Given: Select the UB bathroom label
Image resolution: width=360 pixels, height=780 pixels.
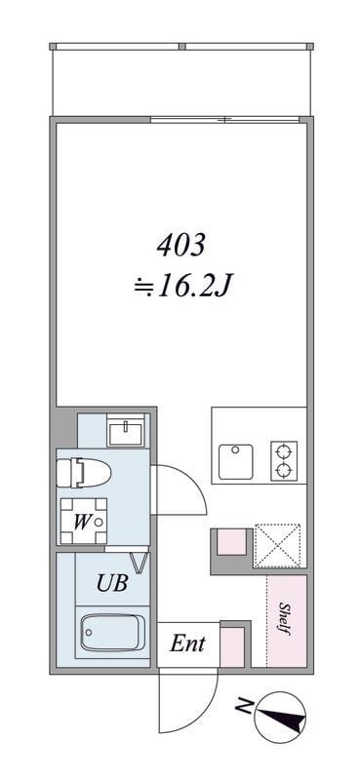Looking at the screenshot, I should [x=111, y=584].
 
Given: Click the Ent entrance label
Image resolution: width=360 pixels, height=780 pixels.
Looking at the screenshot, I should [x=186, y=643].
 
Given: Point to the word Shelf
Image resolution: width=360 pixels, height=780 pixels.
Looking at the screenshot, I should [x=286, y=621].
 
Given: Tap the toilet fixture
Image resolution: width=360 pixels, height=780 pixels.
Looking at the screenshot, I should [x=82, y=474].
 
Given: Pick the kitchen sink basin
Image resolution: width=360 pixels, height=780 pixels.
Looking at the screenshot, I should [x=237, y=460].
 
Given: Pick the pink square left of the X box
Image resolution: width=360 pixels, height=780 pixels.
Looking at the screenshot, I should [x=230, y=543].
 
